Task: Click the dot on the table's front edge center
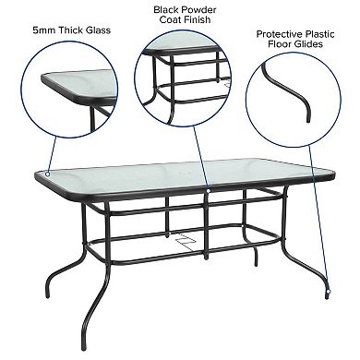click(x=210, y=189)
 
